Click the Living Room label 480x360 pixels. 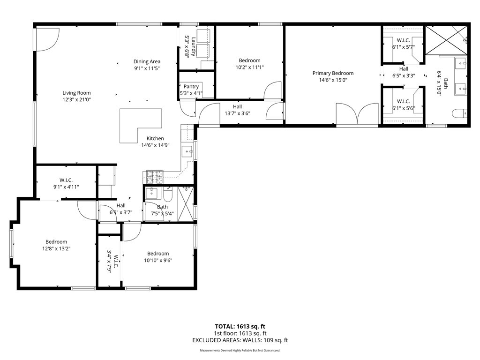click(x=76, y=93)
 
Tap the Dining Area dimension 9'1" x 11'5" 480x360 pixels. click(x=147, y=69)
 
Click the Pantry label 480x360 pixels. click(x=191, y=87)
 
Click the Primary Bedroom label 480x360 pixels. click(x=333, y=73)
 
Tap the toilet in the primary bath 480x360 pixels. click(x=459, y=113)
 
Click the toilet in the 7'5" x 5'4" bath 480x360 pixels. click(x=168, y=193)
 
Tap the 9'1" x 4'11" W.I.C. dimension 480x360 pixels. click(x=66, y=187)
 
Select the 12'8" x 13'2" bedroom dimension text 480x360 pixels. click(x=56, y=249)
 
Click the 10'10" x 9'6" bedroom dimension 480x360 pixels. click(x=157, y=261)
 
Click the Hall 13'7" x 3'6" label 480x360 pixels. click(x=237, y=113)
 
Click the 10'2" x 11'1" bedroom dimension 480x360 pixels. click(x=249, y=67)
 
